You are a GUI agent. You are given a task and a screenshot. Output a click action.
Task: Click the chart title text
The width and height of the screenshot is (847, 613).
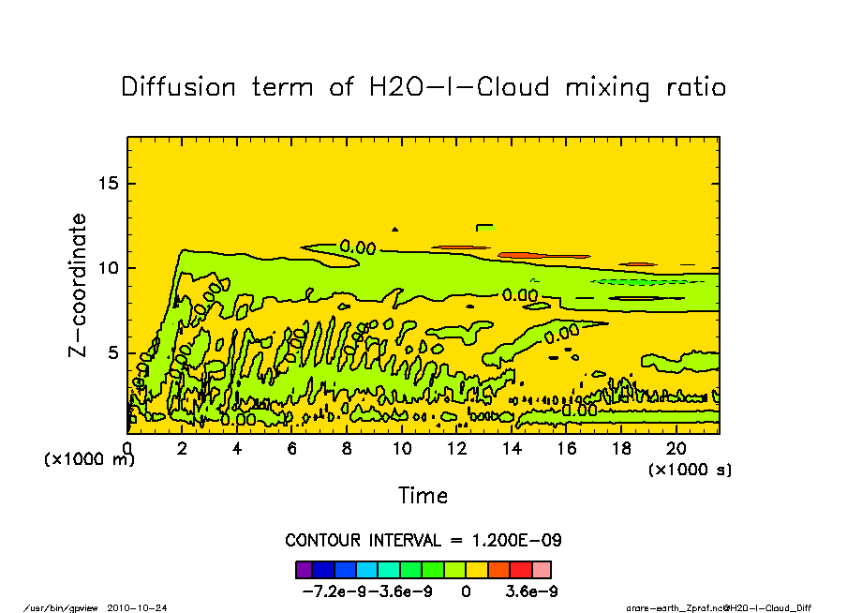coord(423,87)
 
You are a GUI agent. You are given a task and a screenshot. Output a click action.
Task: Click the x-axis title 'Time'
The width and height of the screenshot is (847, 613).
coord(423,496)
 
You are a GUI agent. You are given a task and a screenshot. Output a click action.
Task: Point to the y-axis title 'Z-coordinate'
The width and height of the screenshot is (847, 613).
coord(79,285)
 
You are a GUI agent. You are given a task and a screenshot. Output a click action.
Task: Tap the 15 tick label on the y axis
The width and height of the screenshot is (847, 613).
coord(110,183)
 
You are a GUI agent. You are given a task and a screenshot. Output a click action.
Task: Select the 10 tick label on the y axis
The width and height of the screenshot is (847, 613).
coord(110,268)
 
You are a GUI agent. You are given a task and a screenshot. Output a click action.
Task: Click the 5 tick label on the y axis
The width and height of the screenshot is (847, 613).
coord(114,352)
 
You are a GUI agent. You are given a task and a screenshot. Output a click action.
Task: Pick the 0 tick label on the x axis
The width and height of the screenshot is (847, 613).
coord(127,448)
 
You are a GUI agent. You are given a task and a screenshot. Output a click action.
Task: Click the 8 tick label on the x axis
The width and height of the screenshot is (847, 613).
coord(348,448)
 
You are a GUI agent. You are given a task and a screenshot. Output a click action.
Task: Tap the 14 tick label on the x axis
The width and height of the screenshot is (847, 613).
coord(513,448)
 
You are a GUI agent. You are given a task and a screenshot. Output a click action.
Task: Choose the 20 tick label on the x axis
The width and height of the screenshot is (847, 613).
coord(676,448)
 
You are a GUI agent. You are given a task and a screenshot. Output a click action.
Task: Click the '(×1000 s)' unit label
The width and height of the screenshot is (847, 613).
coord(691,469)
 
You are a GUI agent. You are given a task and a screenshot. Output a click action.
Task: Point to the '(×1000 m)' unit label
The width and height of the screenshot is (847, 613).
coord(84,459)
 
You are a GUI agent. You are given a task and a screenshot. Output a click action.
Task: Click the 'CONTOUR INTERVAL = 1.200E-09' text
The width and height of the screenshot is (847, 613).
coord(423,541)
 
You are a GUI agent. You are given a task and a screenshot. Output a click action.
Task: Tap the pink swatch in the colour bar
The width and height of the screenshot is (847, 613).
coord(542,569)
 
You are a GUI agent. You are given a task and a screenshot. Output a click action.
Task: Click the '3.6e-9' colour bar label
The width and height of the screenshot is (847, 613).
coord(532,591)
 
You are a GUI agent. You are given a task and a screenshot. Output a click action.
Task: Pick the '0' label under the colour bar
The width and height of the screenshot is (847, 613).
coord(466,591)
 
